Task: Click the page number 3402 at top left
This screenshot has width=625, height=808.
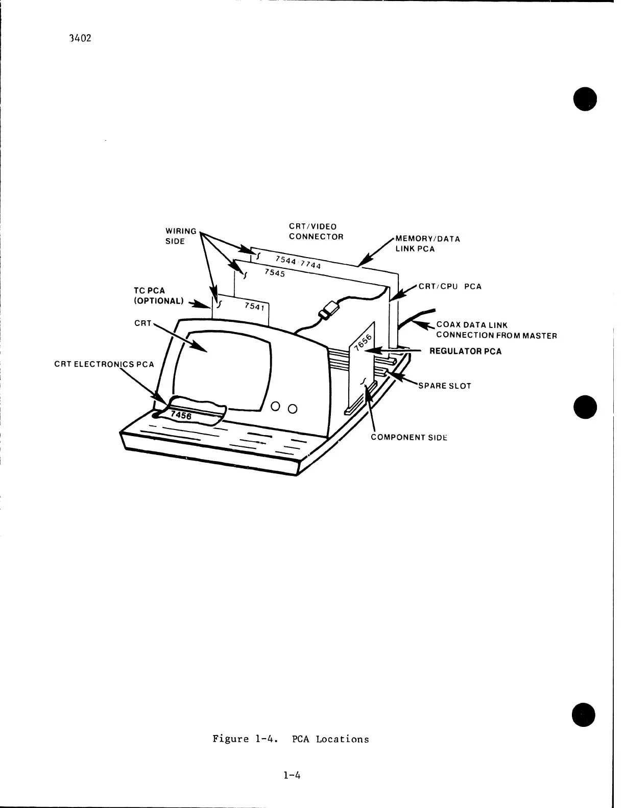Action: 80,39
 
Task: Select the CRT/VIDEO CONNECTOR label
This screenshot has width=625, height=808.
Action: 316,232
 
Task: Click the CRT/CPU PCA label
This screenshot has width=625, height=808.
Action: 450,287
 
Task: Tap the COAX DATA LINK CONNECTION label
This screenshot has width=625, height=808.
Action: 496,330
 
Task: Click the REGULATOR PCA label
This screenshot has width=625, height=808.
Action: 465,351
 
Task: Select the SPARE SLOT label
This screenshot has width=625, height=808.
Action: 444,386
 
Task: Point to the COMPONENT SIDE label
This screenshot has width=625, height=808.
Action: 409,437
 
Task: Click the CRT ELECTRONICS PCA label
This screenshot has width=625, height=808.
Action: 104,364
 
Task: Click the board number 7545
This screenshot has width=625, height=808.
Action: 274,273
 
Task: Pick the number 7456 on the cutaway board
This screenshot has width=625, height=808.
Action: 181,415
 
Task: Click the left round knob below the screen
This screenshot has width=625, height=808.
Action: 276,407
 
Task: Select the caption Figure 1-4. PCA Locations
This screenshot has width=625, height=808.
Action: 291,739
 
